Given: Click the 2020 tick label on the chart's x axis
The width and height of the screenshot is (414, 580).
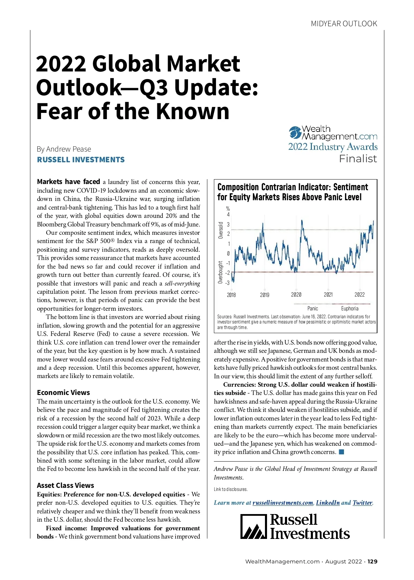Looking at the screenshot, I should click(x=296, y=294).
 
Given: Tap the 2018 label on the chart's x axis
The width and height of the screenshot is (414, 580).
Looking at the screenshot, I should click(x=231, y=295).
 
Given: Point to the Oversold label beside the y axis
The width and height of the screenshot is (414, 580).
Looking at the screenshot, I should click(x=221, y=230).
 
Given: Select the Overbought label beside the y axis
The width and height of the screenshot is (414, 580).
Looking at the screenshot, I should click(x=221, y=272).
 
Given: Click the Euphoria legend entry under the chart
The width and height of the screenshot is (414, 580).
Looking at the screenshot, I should click(x=349, y=308).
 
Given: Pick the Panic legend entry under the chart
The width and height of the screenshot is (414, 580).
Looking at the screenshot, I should click(x=313, y=308).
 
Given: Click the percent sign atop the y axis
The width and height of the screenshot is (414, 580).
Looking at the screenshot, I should click(x=228, y=209).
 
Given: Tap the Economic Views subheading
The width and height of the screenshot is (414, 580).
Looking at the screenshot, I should click(x=63, y=393).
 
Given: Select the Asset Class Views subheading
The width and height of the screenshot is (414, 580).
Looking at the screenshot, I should click(x=66, y=485).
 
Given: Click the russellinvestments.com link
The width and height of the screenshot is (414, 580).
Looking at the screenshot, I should click(x=283, y=503).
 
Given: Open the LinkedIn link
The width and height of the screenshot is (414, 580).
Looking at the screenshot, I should click(x=328, y=503).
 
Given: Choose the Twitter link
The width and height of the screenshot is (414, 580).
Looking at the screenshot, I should click(x=362, y=503).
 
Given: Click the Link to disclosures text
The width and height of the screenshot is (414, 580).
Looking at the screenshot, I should click(x=230, y=489).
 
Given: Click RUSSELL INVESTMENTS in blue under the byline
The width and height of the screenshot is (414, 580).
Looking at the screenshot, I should click(x=81, y=160).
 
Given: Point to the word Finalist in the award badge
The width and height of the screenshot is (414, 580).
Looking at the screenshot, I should click(x=358, y=159).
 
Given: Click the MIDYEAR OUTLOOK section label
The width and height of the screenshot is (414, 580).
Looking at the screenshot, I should click(x=344, y=24).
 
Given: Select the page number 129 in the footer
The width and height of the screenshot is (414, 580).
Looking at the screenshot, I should click(x=372, y=561).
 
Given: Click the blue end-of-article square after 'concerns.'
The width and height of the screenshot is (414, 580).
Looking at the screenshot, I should click(x=342, y=452).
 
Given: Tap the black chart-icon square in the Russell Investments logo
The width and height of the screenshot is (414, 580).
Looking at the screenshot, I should click(x=254, y=526).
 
